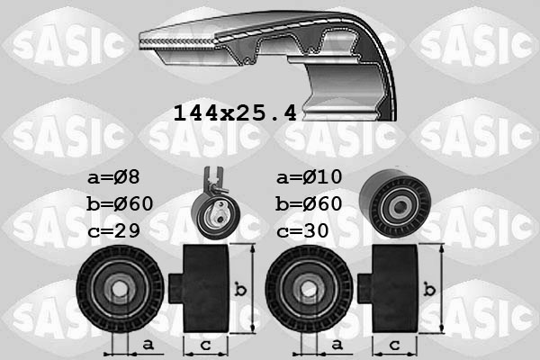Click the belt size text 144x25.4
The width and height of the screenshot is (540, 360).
235,114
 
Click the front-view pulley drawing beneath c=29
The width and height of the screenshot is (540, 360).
119,291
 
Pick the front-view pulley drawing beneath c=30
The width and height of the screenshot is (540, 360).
309,291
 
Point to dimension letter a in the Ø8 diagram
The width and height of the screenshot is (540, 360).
147,344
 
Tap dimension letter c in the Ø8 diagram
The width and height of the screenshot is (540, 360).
205,345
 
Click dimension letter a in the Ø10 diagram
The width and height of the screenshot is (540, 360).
337,344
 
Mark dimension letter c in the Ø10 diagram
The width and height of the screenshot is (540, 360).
395,345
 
